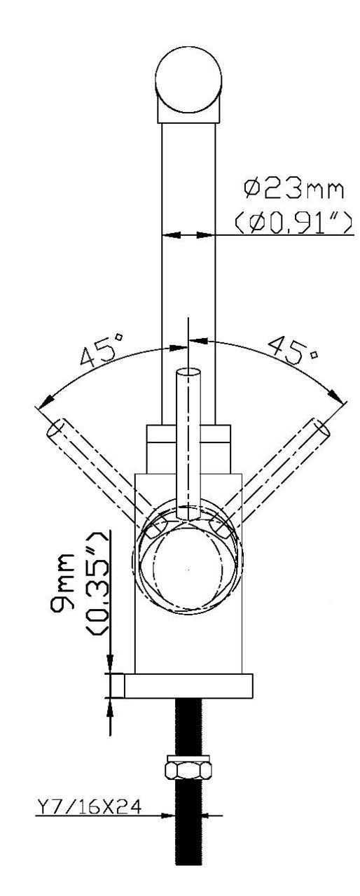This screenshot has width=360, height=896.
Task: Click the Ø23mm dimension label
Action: point(293,190)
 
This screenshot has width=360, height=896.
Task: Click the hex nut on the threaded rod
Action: point(188,766)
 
